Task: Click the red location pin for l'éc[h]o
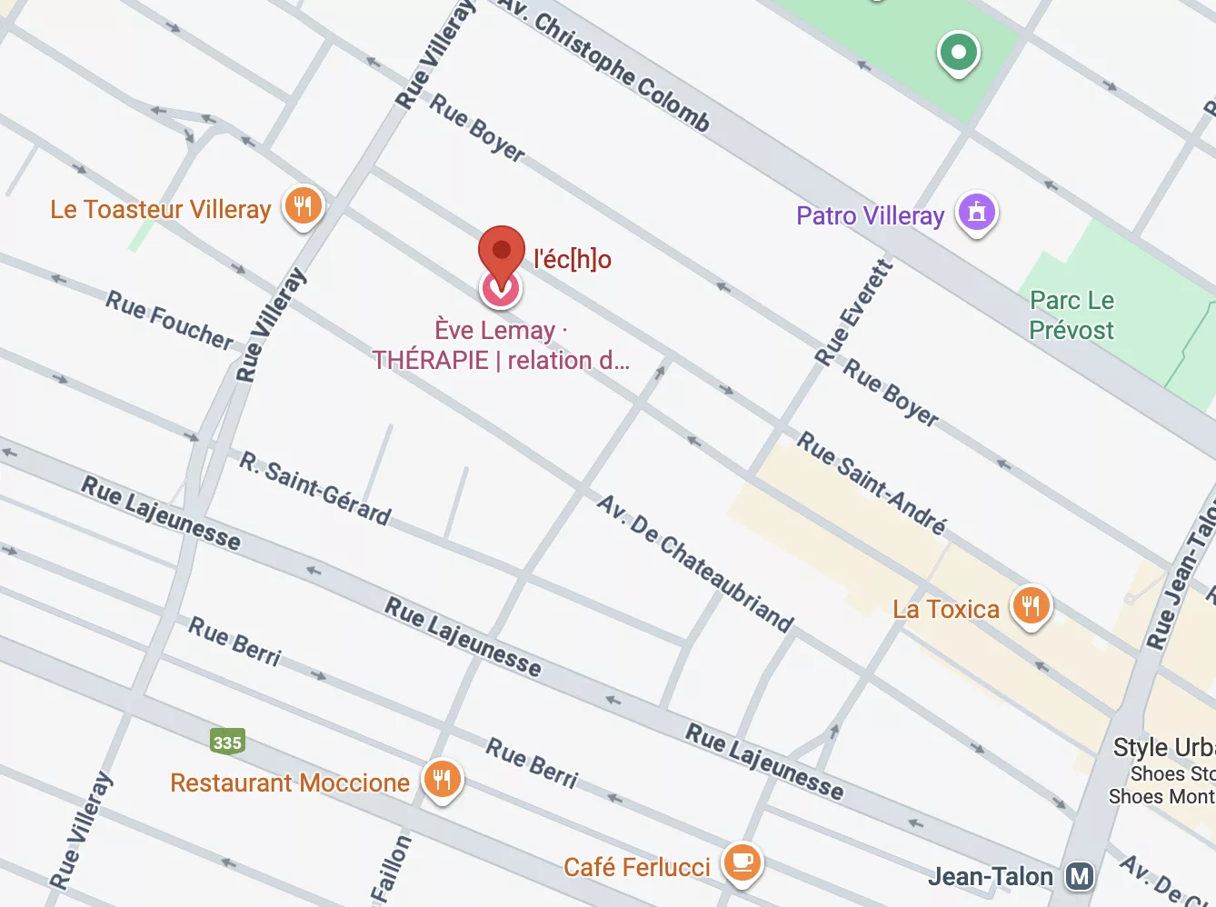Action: click(502, 250)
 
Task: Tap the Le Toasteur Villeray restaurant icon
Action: click(303, 206)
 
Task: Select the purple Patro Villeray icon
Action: click(977, 213)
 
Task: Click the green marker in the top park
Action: click(958, 52)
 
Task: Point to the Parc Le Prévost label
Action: click(1071, 315)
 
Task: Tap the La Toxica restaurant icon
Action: click(1031, 605)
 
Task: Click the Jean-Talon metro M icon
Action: click(1080, 876)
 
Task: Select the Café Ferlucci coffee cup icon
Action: click(743, 861)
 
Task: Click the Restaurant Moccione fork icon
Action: click(442, 779)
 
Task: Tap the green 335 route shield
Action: click(227, 742)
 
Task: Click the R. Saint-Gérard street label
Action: click(314, 488)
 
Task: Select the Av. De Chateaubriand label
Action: click(695, 563)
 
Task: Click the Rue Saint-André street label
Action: click(872, 483)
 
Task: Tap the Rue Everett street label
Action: click(853, 313)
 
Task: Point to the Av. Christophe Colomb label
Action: click(604, 64)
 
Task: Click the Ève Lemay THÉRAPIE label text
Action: click(501, 345)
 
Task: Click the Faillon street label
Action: click(391, 869)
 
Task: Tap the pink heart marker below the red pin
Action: click(500, 290)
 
